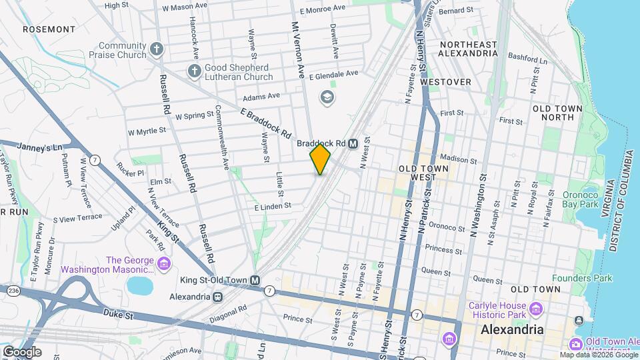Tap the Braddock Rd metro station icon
(353, 143)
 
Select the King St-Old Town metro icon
(255, 280)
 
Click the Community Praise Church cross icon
(156, 49)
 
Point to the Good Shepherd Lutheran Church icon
(194, 71)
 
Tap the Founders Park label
(579, 278)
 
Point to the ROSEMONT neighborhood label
(49, 29)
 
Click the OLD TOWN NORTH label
(553, 113)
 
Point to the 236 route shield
(13, 291)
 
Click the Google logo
(22, 351)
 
